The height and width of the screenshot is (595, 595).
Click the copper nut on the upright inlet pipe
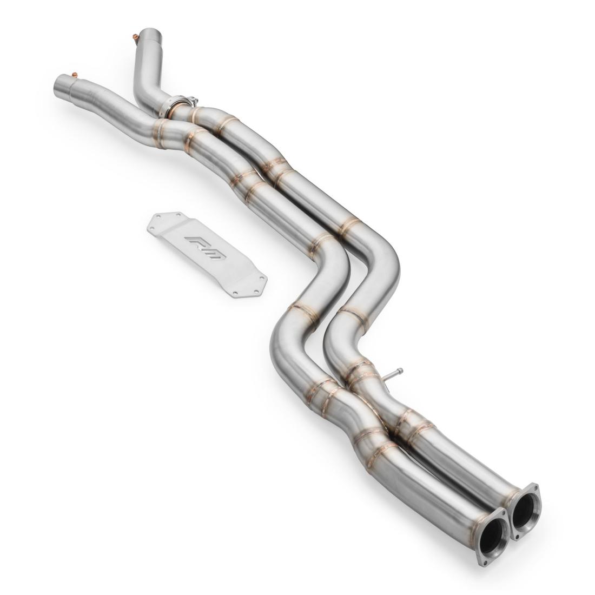click(135, 37)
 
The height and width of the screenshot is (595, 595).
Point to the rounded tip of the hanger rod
click(399, 371)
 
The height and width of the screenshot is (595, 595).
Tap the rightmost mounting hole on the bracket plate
click(264, 279)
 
